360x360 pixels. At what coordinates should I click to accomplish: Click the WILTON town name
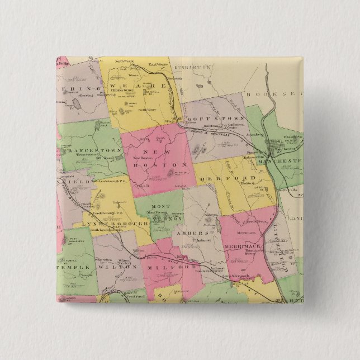click(x=117, y=267)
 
